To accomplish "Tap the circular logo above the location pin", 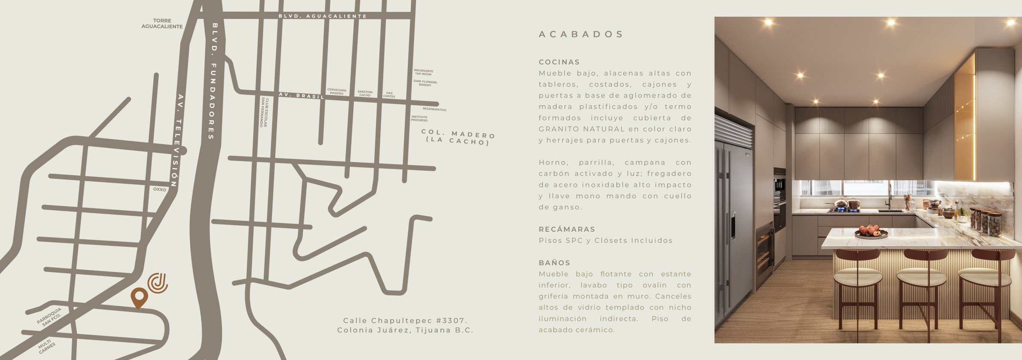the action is [158, 283].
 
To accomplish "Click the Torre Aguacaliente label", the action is [162, 24].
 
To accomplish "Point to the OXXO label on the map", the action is [160, 189].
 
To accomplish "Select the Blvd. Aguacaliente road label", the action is [322, 16].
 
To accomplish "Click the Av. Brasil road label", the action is [301, 96].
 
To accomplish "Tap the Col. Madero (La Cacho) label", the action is [458, 137].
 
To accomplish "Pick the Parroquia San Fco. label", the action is [49, 316].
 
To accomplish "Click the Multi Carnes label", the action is [46, 346].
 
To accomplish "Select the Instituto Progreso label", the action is [419, 118].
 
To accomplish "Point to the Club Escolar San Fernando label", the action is [264, 112].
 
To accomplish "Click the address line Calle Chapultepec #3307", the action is [405, 321].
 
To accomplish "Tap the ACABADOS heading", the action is [581, 34].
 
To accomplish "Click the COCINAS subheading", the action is [559, 62].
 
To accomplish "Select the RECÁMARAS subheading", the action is [567, 230].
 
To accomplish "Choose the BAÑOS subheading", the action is [554, 263].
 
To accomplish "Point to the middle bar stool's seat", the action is [921, 278].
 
